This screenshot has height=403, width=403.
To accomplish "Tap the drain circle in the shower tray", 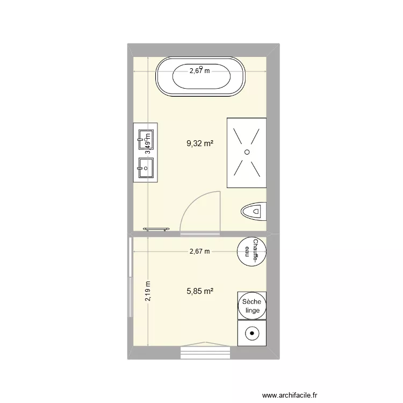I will [x=247, y=153].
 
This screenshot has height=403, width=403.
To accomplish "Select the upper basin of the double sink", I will [x=145, y=139].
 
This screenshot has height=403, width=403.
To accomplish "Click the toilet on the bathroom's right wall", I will [x=255, y=212].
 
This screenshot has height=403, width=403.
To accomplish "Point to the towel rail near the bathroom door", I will [x=157, y=229].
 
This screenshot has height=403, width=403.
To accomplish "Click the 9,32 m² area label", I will [x=200, y=143].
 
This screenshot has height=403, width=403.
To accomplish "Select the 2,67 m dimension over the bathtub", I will [x=199, y=70].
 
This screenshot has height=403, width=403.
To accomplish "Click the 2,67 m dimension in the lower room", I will [x=199, y=251].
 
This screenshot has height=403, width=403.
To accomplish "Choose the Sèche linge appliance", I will [x=251, y=306].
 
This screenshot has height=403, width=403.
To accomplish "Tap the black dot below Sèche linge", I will [x=251, y=334].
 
